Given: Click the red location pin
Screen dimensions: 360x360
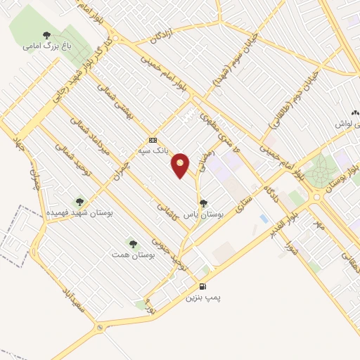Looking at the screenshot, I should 181,165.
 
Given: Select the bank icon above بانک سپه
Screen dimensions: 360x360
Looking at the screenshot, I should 153,140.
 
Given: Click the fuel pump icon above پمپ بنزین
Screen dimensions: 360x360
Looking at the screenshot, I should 203,286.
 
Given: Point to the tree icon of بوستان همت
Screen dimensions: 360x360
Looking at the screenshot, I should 133,244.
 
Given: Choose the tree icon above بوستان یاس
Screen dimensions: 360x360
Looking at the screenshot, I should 203,202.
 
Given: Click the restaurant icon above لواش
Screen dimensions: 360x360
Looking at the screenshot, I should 356,112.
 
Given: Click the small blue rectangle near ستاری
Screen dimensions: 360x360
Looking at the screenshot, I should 264,219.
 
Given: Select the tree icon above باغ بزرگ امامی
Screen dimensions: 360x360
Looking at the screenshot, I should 46,35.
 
